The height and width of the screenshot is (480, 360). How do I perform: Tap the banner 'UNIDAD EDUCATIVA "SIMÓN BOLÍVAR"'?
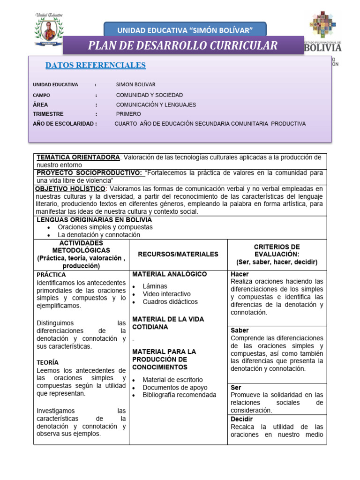pyautogui.click(x=185, y=30)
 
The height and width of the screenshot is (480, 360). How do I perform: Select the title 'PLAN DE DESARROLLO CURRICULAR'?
pyautogui.click(x=183, y=45)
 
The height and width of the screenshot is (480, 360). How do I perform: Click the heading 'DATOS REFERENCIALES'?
pyautogui.click(x=95, y=65)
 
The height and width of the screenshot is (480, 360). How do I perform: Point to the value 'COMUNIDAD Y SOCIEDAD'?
pyautogui.click(x=150, y=95)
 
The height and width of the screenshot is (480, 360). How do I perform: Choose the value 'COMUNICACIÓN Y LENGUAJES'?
pyautogui.click(x=156, y=105)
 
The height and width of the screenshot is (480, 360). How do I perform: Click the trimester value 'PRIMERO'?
pyautogui.click(x=128, y=114)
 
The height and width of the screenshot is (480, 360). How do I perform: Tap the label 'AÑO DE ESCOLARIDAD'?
pyautogui.click(x=64, y=124)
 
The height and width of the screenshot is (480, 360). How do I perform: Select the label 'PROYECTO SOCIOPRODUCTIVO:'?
pyautogui.click(x=90, y=173)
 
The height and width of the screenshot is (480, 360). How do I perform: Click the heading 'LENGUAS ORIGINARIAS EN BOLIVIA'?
pyautogui.click(x=94, y=219)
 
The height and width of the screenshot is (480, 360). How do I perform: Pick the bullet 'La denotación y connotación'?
pyautogui.click(x=98, y=235)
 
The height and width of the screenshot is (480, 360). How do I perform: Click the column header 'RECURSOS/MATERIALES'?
pyautogui.click(x=178, y=254)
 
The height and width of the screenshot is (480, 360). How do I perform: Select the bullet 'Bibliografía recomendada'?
pyautogui.click(x=180, y=395)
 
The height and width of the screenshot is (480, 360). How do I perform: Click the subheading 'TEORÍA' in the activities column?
pyautogui.click(x=47, y=362)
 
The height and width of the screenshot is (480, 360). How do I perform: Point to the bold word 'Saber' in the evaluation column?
pyautogui.click(x=240, y=330)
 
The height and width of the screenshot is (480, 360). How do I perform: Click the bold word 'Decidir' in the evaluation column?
pyautogui.click(x=241, y=419)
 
